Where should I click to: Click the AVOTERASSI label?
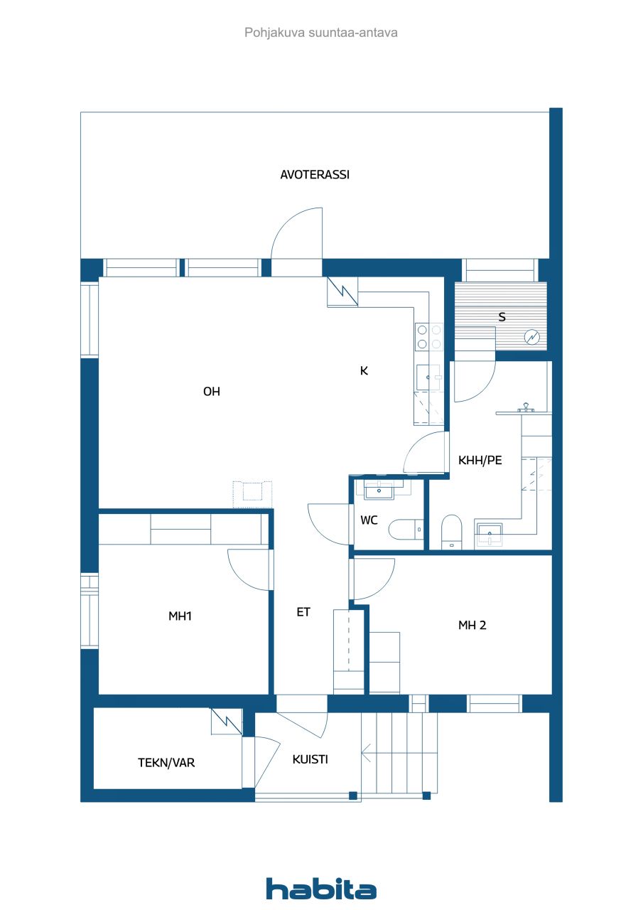pyautogui.click(x=315, y=175)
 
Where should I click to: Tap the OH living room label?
pyautogui.click(x=211, y=392)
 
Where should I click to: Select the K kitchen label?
pyautogui.click(x=364, y=370)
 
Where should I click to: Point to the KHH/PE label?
pyautogui.click(x=480, y=461)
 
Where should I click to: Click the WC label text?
pyautogui.click(x=369, y=520)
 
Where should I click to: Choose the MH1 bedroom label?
pyautogui.click(x=180, y=616)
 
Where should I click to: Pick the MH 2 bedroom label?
pyautogui.click(x=472, y=626)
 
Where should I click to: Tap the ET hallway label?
pyautogui.click(x=303, y=612)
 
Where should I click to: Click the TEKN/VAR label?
pyautogui.click(x=166, y=764)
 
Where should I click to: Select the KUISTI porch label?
pyautogui.click(x=310, y=759)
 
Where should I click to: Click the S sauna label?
pyautogui.click(x=502, y=317)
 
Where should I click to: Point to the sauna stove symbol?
pyautogui.click(x=531, y=338)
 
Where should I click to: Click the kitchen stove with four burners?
pyautogui.click(x=428, y=337)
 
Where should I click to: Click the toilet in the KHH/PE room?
pyautogui.click(x=451, y=532)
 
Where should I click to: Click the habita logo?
pyautogui.click(x=321, y=889)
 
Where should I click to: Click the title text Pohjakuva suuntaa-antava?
pyautogui.click(x=321, y=33)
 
